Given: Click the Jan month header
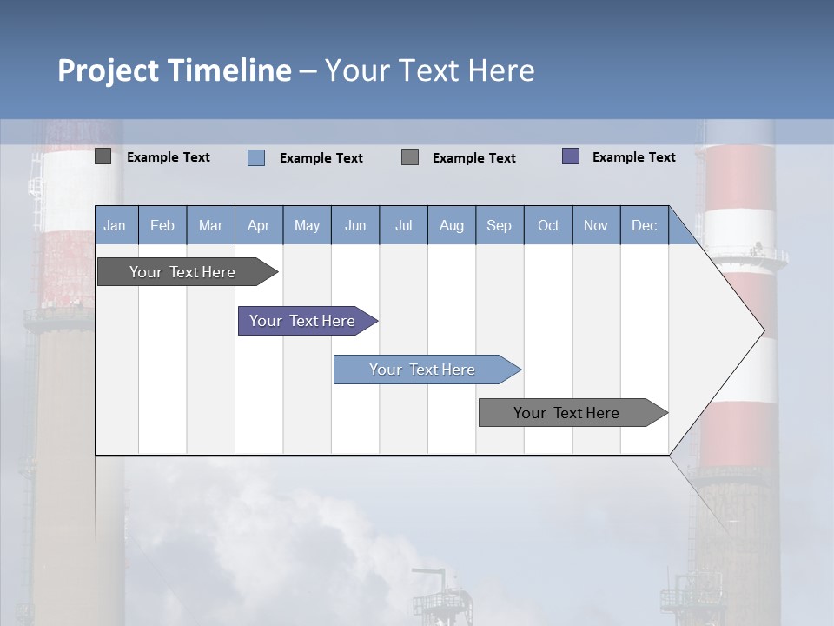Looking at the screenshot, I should (x=115, y=226).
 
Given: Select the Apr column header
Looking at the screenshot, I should (x=258, y=226).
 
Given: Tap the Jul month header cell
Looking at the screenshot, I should (x=403, y=226).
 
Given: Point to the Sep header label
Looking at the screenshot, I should (x=499, y=226).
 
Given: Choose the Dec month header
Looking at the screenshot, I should (x=644, y=226).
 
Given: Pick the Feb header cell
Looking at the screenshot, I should (x=162, y=226).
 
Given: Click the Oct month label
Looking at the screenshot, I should (x=548, y=226).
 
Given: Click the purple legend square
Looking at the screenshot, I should (x=571, y=156).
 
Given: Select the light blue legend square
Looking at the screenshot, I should (x=256, y=157).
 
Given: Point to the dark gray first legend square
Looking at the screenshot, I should (x=103, y=156).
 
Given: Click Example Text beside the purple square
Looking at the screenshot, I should (x=633, y=157).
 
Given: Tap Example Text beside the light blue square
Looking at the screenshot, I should (x=321, y=158).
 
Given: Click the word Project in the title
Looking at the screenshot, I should (x=107, y=70).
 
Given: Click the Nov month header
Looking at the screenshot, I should (x=596, y=226).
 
